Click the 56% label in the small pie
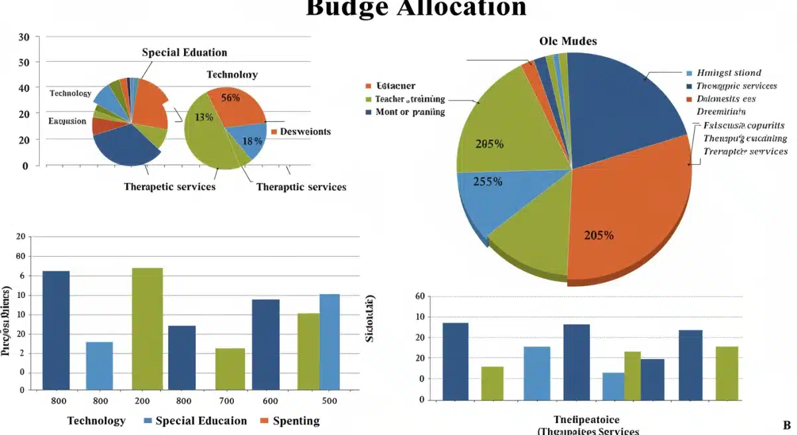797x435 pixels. point(230,98)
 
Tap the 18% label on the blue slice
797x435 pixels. point(252,140)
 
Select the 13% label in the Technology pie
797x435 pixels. point(203,117)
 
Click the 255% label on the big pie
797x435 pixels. point(487,181)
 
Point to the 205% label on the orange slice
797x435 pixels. point(598,235)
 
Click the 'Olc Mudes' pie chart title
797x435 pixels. point(567,41)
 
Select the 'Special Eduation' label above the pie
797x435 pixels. point(184,53)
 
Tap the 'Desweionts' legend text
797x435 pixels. point(305,132)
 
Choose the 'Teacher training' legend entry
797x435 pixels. point(410,98)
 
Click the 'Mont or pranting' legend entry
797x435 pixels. point(410,112)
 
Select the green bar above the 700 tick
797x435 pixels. point(230,368)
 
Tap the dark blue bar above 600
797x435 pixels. point(265,344)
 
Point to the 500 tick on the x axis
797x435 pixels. point(329,401)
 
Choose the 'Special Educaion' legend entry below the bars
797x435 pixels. point(201,421)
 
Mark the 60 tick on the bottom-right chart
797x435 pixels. point(419,297)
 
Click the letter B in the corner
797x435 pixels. point(786,425)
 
